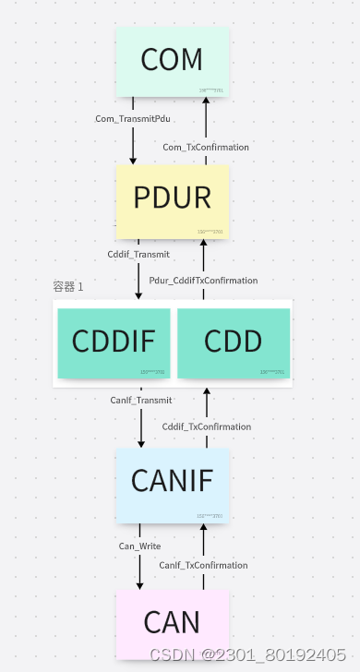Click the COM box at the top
[172, 61]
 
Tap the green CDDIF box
[114, 342]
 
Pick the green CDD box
[233, 342]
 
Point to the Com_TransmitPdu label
[133, 119]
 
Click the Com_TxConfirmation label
[206, 147]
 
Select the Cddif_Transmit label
[138, 254]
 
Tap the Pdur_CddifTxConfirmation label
[203, 281]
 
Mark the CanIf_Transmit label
[140, 400]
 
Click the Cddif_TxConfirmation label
[206, 426]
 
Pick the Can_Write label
[139, 546]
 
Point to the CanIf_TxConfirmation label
[203, 565]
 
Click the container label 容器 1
[68, 287]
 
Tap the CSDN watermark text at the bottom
[247, 654]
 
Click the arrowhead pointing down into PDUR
[133, 160]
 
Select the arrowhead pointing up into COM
[206, 102]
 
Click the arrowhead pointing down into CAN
[140, 584]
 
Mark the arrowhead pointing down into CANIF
[141, 442]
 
